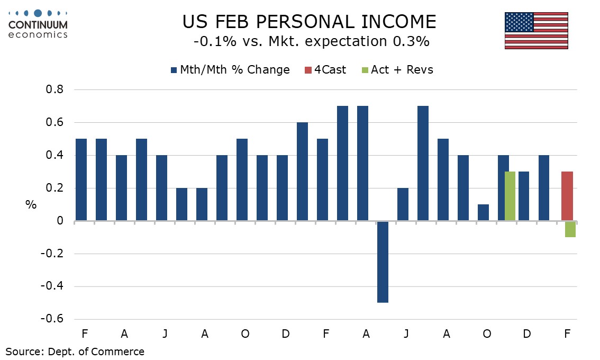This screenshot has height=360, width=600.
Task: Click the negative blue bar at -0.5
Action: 383,262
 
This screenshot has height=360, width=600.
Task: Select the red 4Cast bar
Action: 567,196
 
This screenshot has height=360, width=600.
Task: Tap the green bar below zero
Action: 570,229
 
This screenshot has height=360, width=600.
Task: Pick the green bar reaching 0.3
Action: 510,196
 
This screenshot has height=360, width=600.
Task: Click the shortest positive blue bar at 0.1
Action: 483,212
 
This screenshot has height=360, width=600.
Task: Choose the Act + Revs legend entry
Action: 402,70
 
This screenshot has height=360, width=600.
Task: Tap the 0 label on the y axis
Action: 60,221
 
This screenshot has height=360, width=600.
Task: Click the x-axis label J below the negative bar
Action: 406,334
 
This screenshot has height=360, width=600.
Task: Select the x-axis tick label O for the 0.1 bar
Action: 487,334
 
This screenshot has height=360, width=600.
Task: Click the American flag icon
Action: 536,31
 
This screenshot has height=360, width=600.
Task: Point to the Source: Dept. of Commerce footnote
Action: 75,351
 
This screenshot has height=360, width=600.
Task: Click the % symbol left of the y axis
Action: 31,205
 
